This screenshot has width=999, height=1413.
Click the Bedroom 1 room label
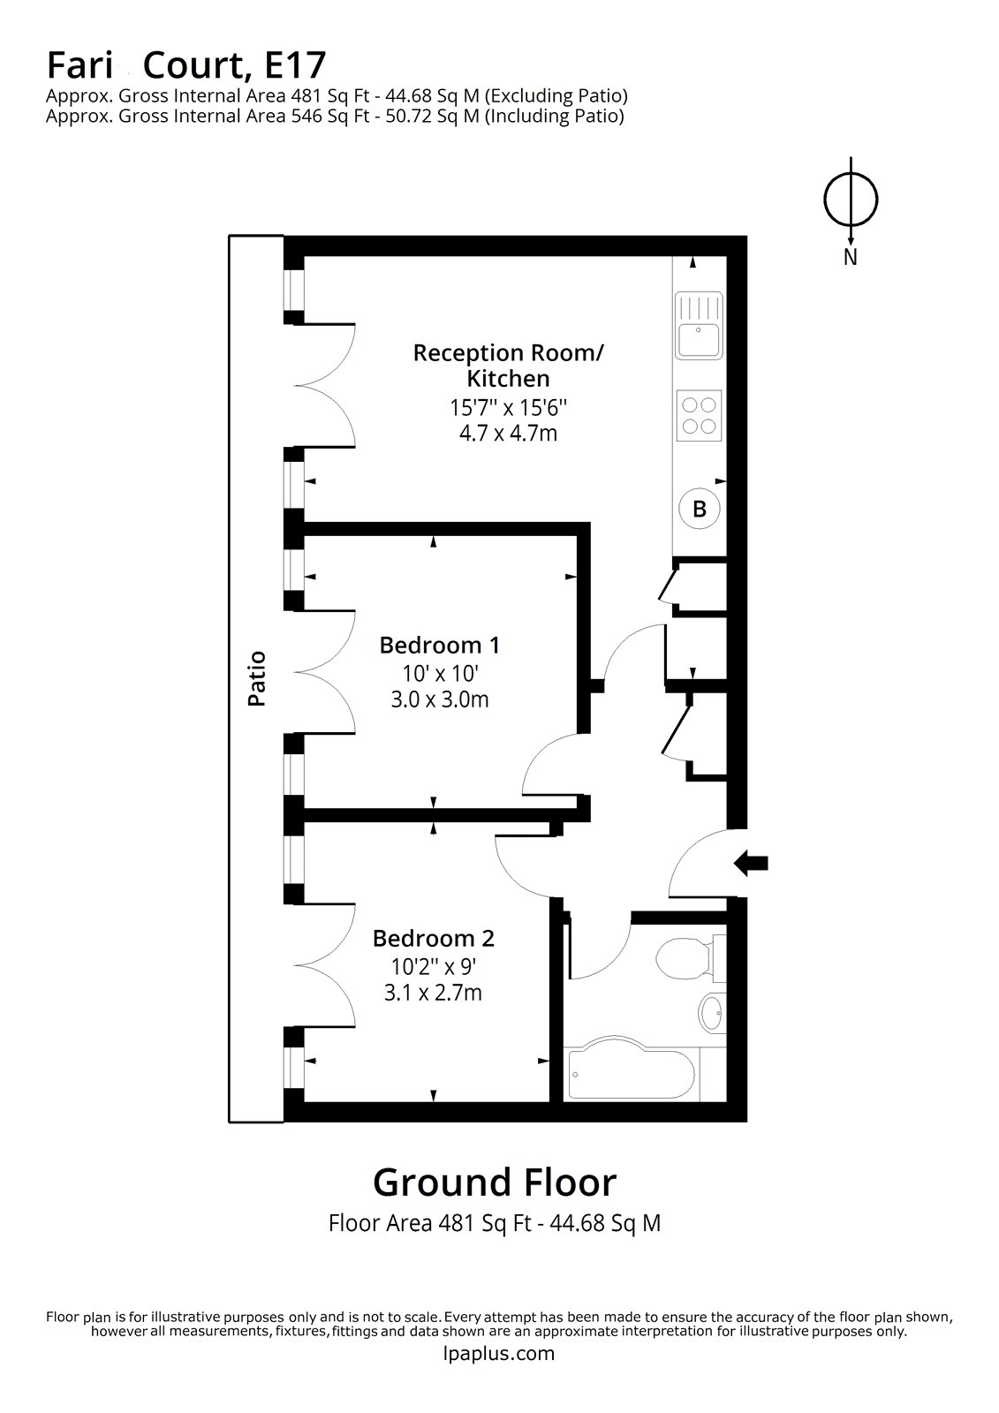click(439, 646)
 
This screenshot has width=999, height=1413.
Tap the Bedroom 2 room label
click(433, 938)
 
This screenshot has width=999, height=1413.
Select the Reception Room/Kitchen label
click(508, 366)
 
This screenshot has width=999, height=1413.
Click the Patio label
click(257, 678)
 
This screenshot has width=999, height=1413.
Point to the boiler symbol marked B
click(699, 509)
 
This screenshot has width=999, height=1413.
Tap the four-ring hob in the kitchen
click(699, 415)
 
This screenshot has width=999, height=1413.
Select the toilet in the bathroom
click(689, 958)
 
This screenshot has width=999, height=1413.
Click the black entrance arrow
click(752, 864)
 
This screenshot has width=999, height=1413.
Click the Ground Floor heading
click(494, 1181)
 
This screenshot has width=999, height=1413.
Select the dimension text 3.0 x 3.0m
click(439, 700)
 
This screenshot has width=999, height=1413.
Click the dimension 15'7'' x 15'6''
click(508, 408)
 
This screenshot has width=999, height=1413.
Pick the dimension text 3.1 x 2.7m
click(433, 993)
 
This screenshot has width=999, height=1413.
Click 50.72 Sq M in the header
click(435, 116)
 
